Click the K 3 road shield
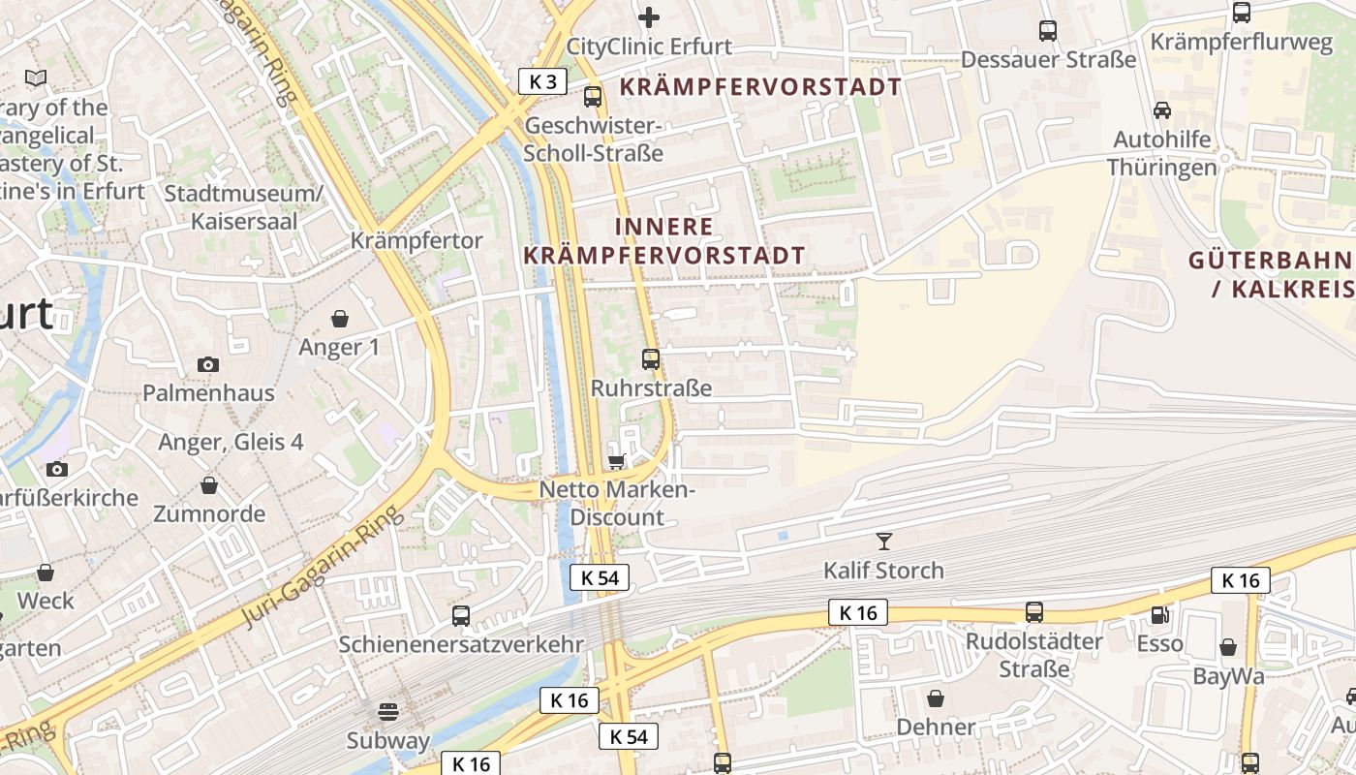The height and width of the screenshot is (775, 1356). pyautogui.click(x=542, y=81)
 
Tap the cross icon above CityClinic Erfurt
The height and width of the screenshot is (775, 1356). pyautogui.click(x=649, y=16)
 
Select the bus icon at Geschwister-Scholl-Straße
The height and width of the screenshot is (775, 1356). pyautogui.click(x=592, y=97)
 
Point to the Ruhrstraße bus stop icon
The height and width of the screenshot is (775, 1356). pyautogui.click(x=651, y=359)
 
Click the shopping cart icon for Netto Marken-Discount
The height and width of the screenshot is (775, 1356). pyautogui.click(x=616, y=461)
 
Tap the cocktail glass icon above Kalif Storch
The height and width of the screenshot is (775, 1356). pyautogui.click(x=883, y=541)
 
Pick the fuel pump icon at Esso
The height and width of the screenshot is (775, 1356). pyautogui.click(x=1159, y=614)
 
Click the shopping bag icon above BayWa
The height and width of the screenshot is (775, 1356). pyautogui.click(x=1228, y=647)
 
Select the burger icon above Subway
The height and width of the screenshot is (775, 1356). pyautogui.click(x=388, y=712)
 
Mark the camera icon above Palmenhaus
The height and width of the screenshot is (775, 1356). pyautogui.click(x=208, y=365)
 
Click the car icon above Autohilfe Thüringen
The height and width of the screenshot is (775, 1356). pyautogui.click(x=1162, y=110)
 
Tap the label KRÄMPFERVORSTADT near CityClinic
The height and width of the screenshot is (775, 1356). pyautogui.click(x=760, y=87)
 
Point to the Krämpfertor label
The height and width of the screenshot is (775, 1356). pyautogui.click(x=416, y=240)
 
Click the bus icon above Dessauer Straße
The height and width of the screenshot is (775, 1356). pyautogui.click(x=1048, y=31)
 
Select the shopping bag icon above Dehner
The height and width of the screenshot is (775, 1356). pyautogui.click(x=936, y=697)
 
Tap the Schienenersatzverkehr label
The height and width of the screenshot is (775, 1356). pyautogui.click(x=461, y=644)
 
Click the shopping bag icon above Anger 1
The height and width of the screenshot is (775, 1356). pyautogui.click(x=340, y=319)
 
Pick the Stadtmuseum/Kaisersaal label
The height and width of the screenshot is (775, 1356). pyautogui.click(x=244, y=206)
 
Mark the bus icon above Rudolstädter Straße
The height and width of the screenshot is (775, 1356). pyautogui.click(x=1034, y=612)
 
